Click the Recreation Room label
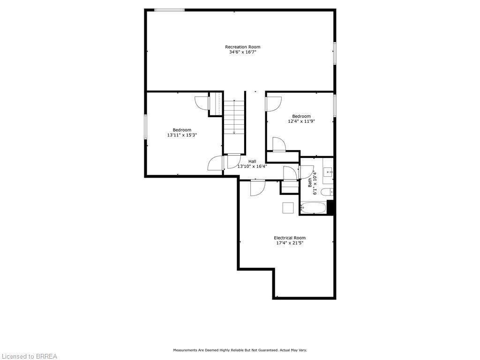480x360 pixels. (x=242, y=47)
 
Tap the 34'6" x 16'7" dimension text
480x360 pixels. (x=242, y=52)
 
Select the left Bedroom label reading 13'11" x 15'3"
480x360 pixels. (x=182, y=133)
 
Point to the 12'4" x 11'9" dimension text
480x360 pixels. (x=301, y=121)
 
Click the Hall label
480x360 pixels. (x=252, y=161)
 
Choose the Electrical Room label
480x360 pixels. (x=290, y=238)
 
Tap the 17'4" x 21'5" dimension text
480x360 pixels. (x=290, y=243)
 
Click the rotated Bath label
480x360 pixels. (x=310, y=182)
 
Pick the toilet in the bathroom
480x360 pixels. (x=330, y=191)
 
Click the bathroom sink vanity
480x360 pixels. (x=328, y=172)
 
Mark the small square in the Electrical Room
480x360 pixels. (x=288, y=208)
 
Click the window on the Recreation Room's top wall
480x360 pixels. (x=169, y=10)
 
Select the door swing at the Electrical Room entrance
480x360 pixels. (x=257, y=188)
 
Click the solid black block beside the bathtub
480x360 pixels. (x=330, y=207)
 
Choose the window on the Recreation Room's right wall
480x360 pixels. (x=335, y=53)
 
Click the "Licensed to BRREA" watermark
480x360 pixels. (x=29, y=356)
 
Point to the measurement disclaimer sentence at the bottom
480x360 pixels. (x=240, y=350)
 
